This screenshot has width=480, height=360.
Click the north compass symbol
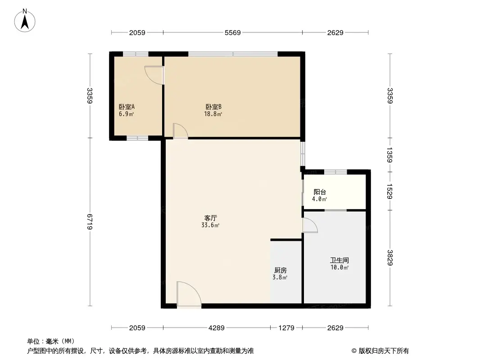click(x=26, y=20)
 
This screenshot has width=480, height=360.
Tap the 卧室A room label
click(x=127, y=107)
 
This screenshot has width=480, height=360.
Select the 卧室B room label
click(x=213, y=107)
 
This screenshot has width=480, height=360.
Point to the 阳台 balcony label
click(x=320, y=192)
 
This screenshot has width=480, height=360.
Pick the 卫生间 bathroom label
click(x=339, y=260)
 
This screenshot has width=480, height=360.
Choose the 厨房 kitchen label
click(x=280, y=270)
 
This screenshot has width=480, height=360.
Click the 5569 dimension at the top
click(x=232, y=32)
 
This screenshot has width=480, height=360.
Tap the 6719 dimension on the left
click(x=90, y=222)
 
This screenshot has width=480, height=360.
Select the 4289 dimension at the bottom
click(x=217, y=328)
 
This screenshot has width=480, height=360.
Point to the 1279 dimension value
click(x=286, y=328)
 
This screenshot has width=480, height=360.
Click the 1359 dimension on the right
click(x=390, y=155)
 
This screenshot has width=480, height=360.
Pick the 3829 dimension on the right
click(x=390, y=257)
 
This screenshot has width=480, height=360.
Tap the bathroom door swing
click(x=309, y=225)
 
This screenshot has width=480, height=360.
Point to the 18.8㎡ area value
click(x=213, y=114)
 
